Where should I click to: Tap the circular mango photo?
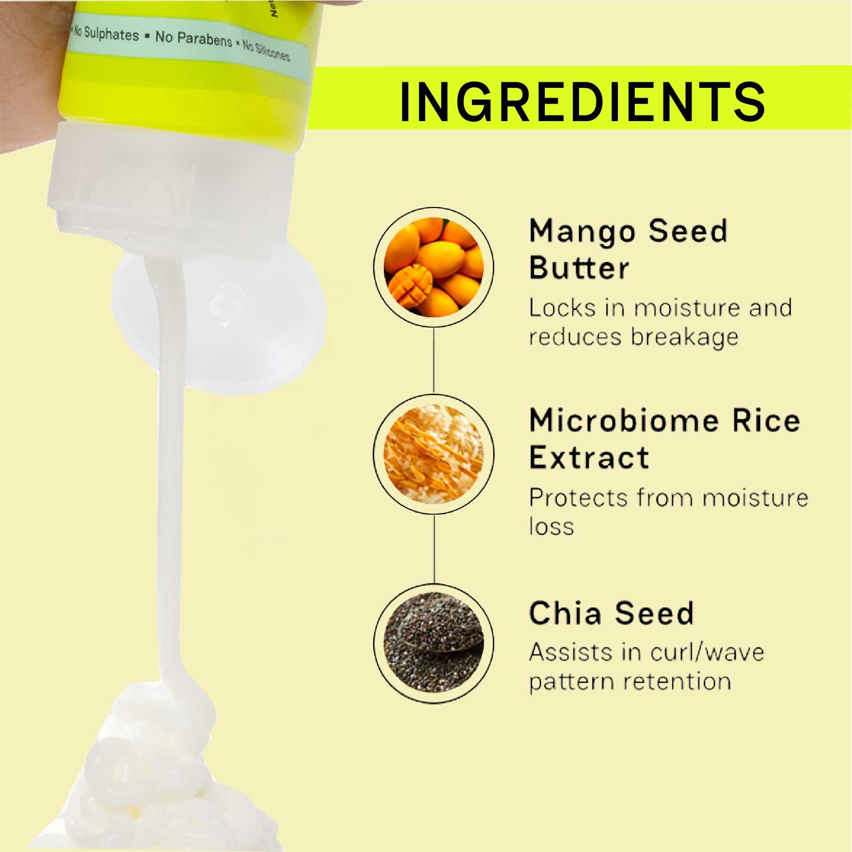click(x=434, y=267)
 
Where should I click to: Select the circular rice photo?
click(x=434, y=454)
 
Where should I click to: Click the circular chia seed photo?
click(x=434, y=643)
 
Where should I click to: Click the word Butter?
click(x=579, y=267)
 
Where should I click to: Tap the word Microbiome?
click(x=624, y=421)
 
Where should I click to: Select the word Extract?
click(x=589, y=457)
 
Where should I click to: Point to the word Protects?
click(x=578, y=498)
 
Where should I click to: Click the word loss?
click(x=551, y=526)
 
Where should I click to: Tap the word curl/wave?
click(x=707, y=653)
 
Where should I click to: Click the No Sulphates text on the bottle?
click(x=106, y=34)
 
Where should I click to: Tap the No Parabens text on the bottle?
click(x=194, y=38)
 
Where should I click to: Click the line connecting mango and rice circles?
click(x=434, y=360)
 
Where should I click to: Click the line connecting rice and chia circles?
click(x=434, y=549)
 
